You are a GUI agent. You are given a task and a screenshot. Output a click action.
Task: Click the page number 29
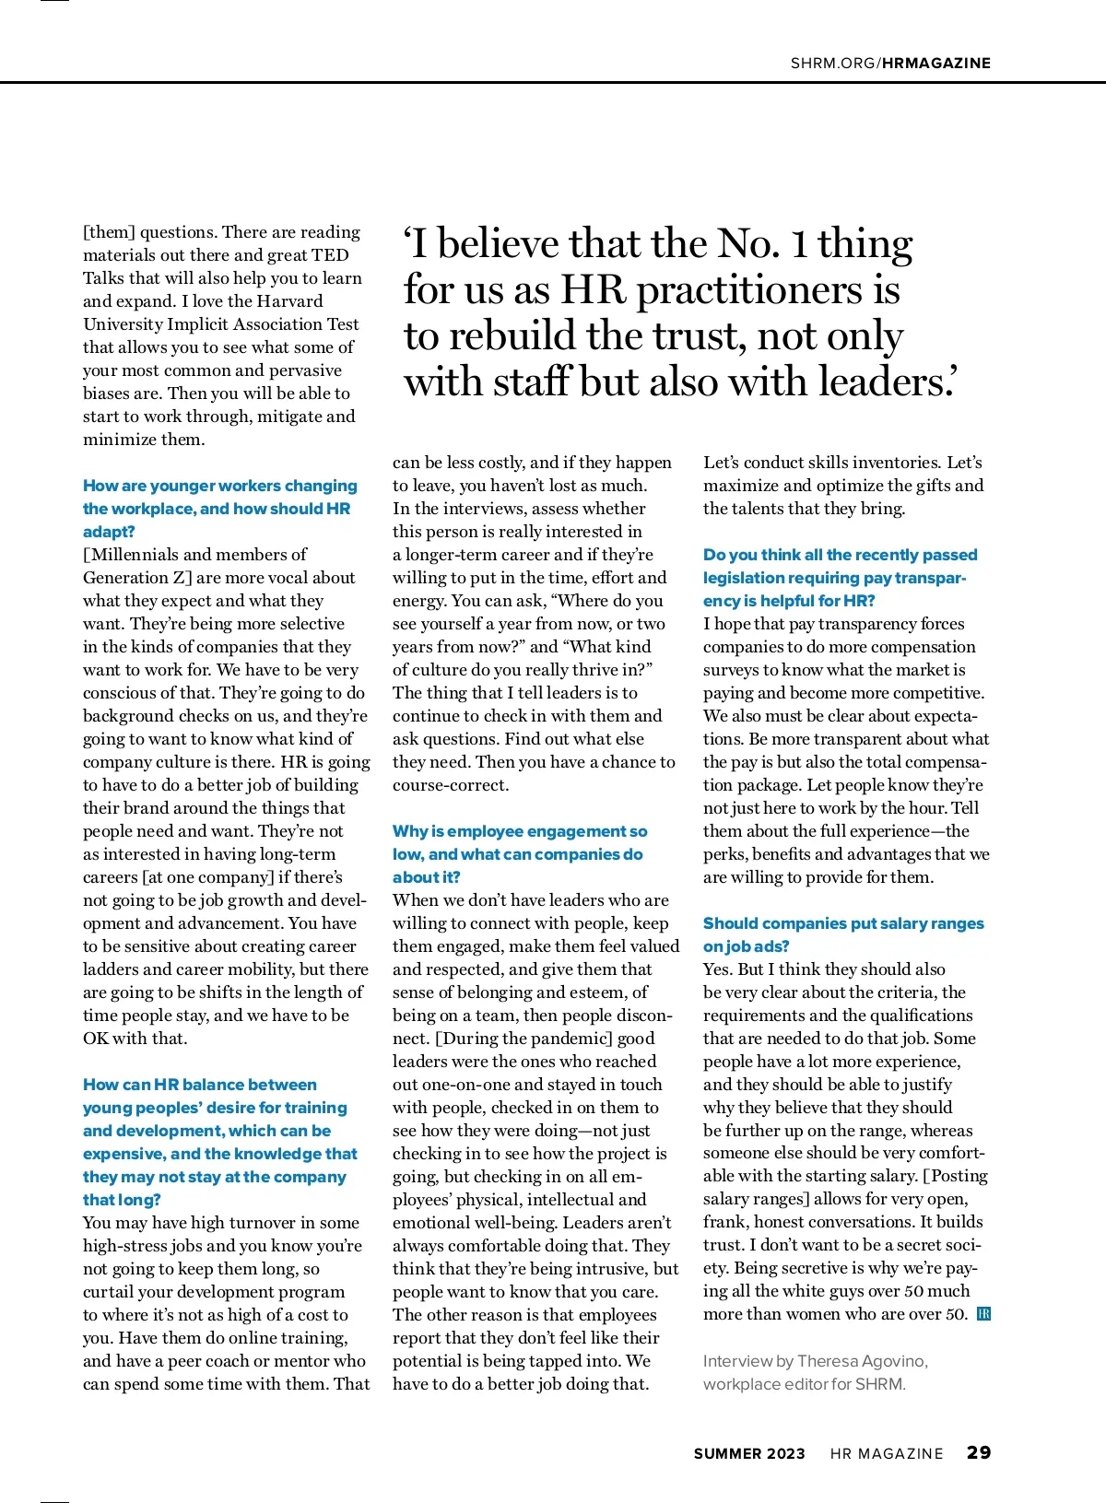[x=978, y=1452]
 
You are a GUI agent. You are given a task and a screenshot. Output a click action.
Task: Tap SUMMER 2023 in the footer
[x=748, y=1453]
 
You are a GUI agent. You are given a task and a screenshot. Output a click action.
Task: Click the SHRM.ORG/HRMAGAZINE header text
[x=890, y=63]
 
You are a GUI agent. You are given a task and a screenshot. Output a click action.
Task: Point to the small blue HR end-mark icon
[x=983, y=1314]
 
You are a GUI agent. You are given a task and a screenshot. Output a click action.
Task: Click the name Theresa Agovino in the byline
[x=862, y=1361]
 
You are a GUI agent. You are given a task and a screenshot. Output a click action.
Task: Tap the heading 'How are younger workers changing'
[x=219, y=486]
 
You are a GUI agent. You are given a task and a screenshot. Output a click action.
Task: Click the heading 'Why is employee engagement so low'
[x=520, y=831]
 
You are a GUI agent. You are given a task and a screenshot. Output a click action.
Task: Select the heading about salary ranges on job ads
[x=842, y=923]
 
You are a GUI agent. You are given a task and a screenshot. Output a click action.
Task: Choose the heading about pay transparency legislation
[x=840, y=555]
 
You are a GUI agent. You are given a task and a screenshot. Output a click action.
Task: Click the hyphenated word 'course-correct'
[x=451, y=785]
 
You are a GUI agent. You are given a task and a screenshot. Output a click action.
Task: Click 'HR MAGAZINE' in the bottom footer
[x=887, y=1453]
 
